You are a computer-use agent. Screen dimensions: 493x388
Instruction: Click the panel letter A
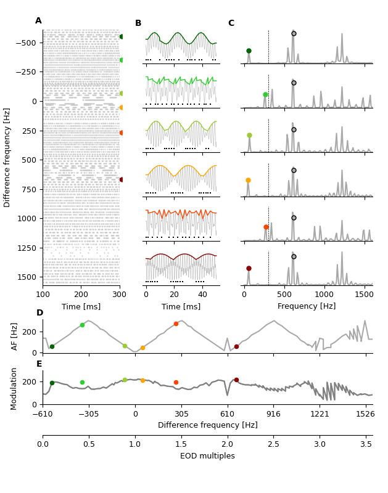(38, 21)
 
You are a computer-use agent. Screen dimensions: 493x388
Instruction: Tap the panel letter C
(231, 23)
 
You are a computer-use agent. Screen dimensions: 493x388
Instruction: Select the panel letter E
(39, 364)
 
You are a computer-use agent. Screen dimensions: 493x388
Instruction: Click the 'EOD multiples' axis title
(207, 457)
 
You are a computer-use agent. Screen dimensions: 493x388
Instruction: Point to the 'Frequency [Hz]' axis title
(307, 306)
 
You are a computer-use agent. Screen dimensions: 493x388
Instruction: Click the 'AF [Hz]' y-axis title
(15, 336)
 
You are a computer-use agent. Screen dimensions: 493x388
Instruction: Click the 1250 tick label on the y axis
(26, 248)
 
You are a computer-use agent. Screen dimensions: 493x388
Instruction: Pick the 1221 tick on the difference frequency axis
(319, 414)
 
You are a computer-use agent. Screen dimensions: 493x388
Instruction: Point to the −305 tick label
(89, 414)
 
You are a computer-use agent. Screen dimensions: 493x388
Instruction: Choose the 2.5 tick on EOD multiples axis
(273, 444)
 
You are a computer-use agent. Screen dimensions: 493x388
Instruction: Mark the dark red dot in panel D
(236, 346)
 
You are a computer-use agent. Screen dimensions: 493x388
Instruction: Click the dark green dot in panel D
(52, 346)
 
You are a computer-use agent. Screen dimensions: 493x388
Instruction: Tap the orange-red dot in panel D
(176, 324)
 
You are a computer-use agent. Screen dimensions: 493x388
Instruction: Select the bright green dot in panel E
(82, 382)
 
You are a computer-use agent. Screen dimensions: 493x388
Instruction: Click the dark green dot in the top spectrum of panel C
(249, 51)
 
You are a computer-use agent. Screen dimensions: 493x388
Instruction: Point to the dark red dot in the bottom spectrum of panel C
(249, 268)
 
